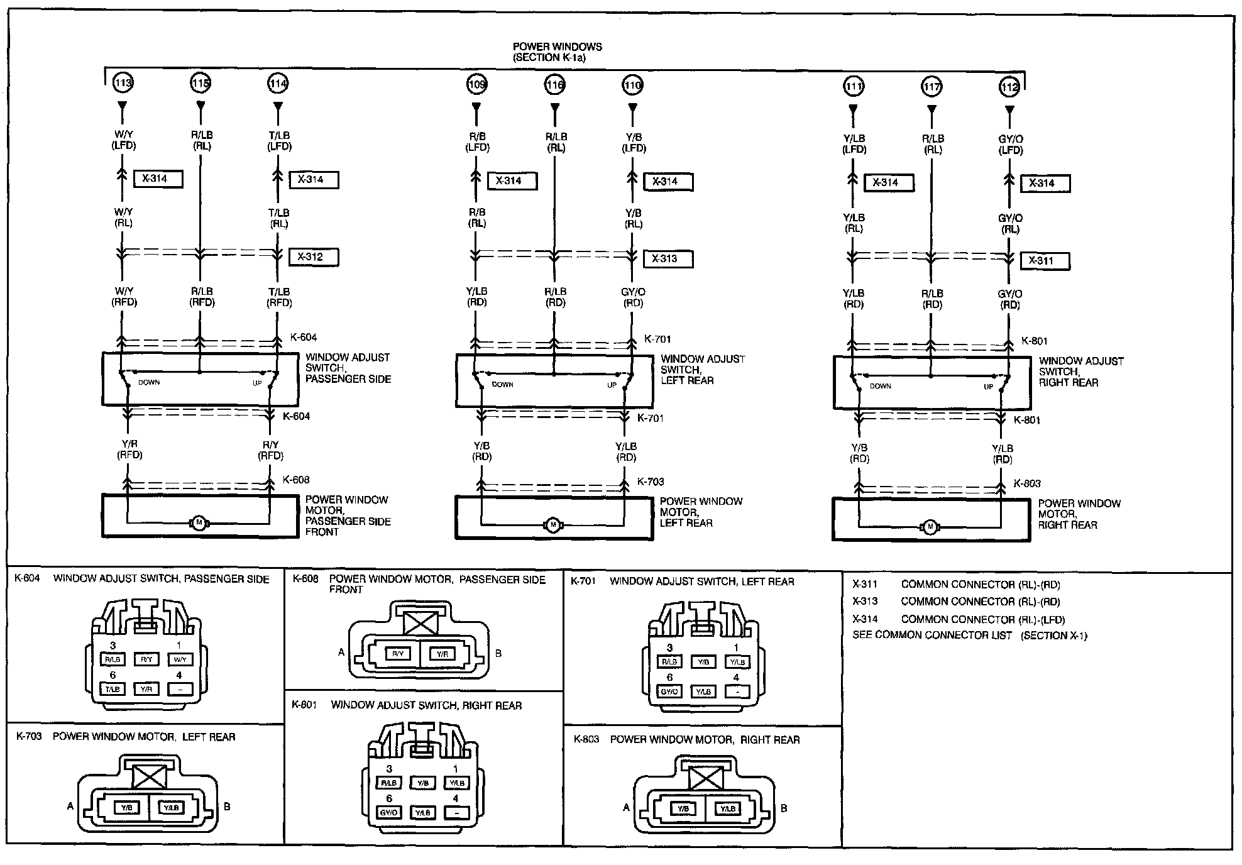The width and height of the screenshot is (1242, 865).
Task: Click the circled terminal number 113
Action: point(123,82)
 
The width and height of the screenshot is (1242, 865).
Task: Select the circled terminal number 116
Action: point(555,84)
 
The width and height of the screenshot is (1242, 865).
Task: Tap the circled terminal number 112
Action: point(1009,87)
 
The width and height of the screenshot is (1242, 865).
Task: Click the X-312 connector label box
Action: point(314,256)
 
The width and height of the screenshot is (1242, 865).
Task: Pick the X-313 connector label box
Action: point(668,258)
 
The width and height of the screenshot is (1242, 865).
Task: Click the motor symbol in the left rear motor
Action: point(553,524)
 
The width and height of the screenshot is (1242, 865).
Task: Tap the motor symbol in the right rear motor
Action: point(930,527)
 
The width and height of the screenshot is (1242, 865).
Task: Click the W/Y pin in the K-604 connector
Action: point(179,659)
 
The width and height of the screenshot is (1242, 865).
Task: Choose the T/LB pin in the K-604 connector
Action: point(113,689)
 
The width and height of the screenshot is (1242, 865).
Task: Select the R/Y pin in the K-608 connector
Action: point(397,654)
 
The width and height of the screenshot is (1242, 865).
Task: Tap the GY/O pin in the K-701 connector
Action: point(669,691)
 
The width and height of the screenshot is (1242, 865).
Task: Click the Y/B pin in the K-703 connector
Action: point(128,808)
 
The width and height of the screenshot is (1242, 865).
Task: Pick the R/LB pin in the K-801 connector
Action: point(389,783)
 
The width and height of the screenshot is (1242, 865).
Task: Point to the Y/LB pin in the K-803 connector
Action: point(727,809)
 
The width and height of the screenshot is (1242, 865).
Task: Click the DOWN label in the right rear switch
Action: point(881,386)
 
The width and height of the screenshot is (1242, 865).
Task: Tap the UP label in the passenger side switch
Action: point(257,383)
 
